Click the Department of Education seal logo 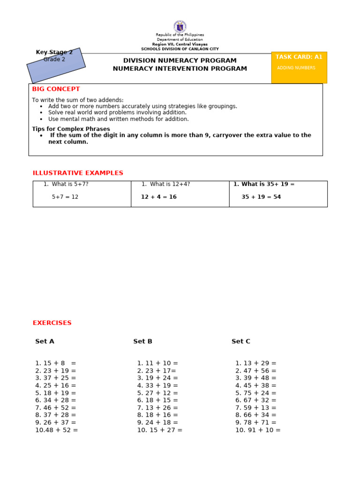[180, 27]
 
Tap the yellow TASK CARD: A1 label [299, 57]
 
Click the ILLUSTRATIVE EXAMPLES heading [78, 173]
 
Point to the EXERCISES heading [52, 323]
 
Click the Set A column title [45, 341]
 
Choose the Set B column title [142, 341]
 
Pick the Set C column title [241, 341]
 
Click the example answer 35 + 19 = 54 [261, 197]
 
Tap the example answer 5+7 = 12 [65, 197]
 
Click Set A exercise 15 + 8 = [55, 363]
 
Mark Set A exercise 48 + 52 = [57, 430]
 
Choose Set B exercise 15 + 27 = [159, 430]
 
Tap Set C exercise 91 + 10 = [258, 430]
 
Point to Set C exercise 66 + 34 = [256, 415]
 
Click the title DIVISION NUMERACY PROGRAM [180, 60]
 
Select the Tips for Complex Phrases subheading [71, 129]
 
